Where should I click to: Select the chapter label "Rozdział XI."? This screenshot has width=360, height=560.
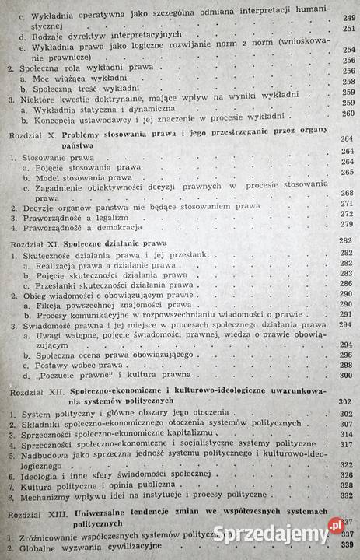point(31,242)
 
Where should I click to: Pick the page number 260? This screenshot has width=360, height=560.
point(348,114)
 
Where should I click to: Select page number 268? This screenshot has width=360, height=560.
point(348,194)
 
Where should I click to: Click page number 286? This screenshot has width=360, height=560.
point(348,285)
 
